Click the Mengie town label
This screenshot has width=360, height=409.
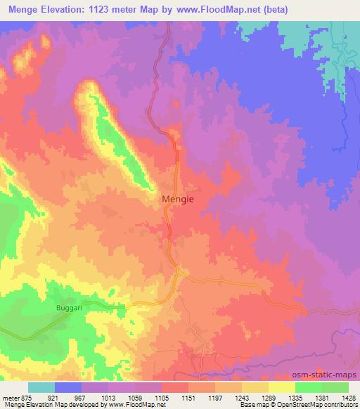pyautogui.click(x=178, y=199)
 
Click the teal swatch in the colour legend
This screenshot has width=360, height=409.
pyautogui.click(x=41, y=387)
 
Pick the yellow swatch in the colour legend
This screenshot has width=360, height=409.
pyautogui.click(x=281, y=387)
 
